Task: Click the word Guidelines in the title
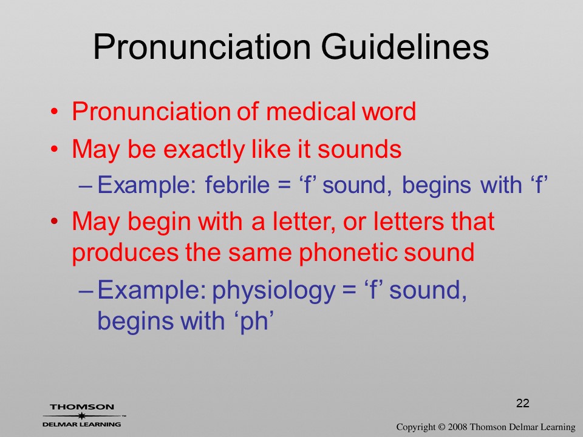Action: pyautogui.click(x=404, y=47)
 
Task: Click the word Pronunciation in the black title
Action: pyautogui.click(x=202, y=47)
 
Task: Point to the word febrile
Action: pyautogui.click(x=237, y=185)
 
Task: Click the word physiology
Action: pyautogui.click(x=273, y=291)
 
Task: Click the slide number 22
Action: pyautogui.click(x=522, y=403)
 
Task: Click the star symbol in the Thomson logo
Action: pyautogui.click(x=81, y=416)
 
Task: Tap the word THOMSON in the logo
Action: pyautogui.click(x=82, y=407)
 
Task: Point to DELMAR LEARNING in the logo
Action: pyautogui.click(x=82, y=424)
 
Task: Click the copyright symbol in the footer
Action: pyautogui.click(x=442, y=427)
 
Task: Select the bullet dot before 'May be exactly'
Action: pyautogui.click(x=55, y=149)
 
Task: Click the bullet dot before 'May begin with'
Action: pyautogui.click(x=55, y=221)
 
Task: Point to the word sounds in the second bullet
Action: pyautogui.click(x=360, y=149)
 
